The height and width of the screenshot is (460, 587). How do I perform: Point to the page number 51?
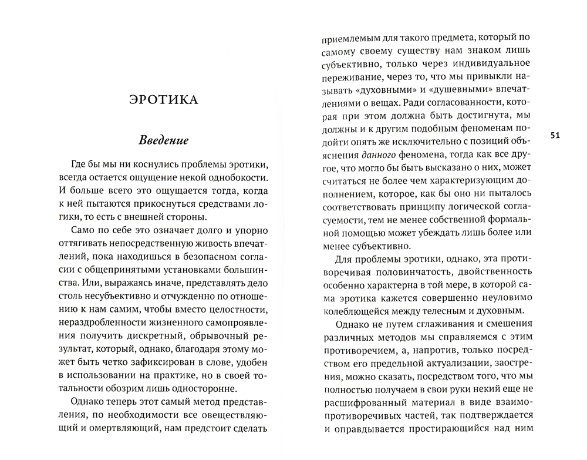tap(556, 136)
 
